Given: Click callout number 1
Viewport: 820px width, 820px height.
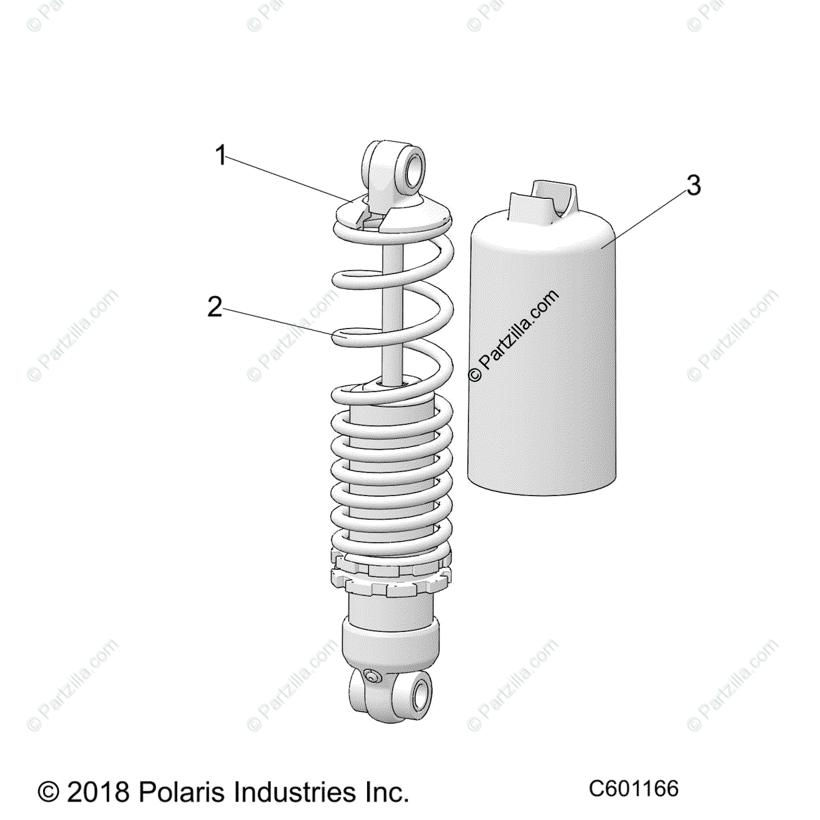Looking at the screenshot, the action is (221, 155).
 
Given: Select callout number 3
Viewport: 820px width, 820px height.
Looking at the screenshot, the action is (693, 186).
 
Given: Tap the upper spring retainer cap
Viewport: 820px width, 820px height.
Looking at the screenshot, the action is (394, 213).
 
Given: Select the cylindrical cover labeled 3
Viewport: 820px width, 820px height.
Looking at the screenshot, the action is (542, 349).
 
